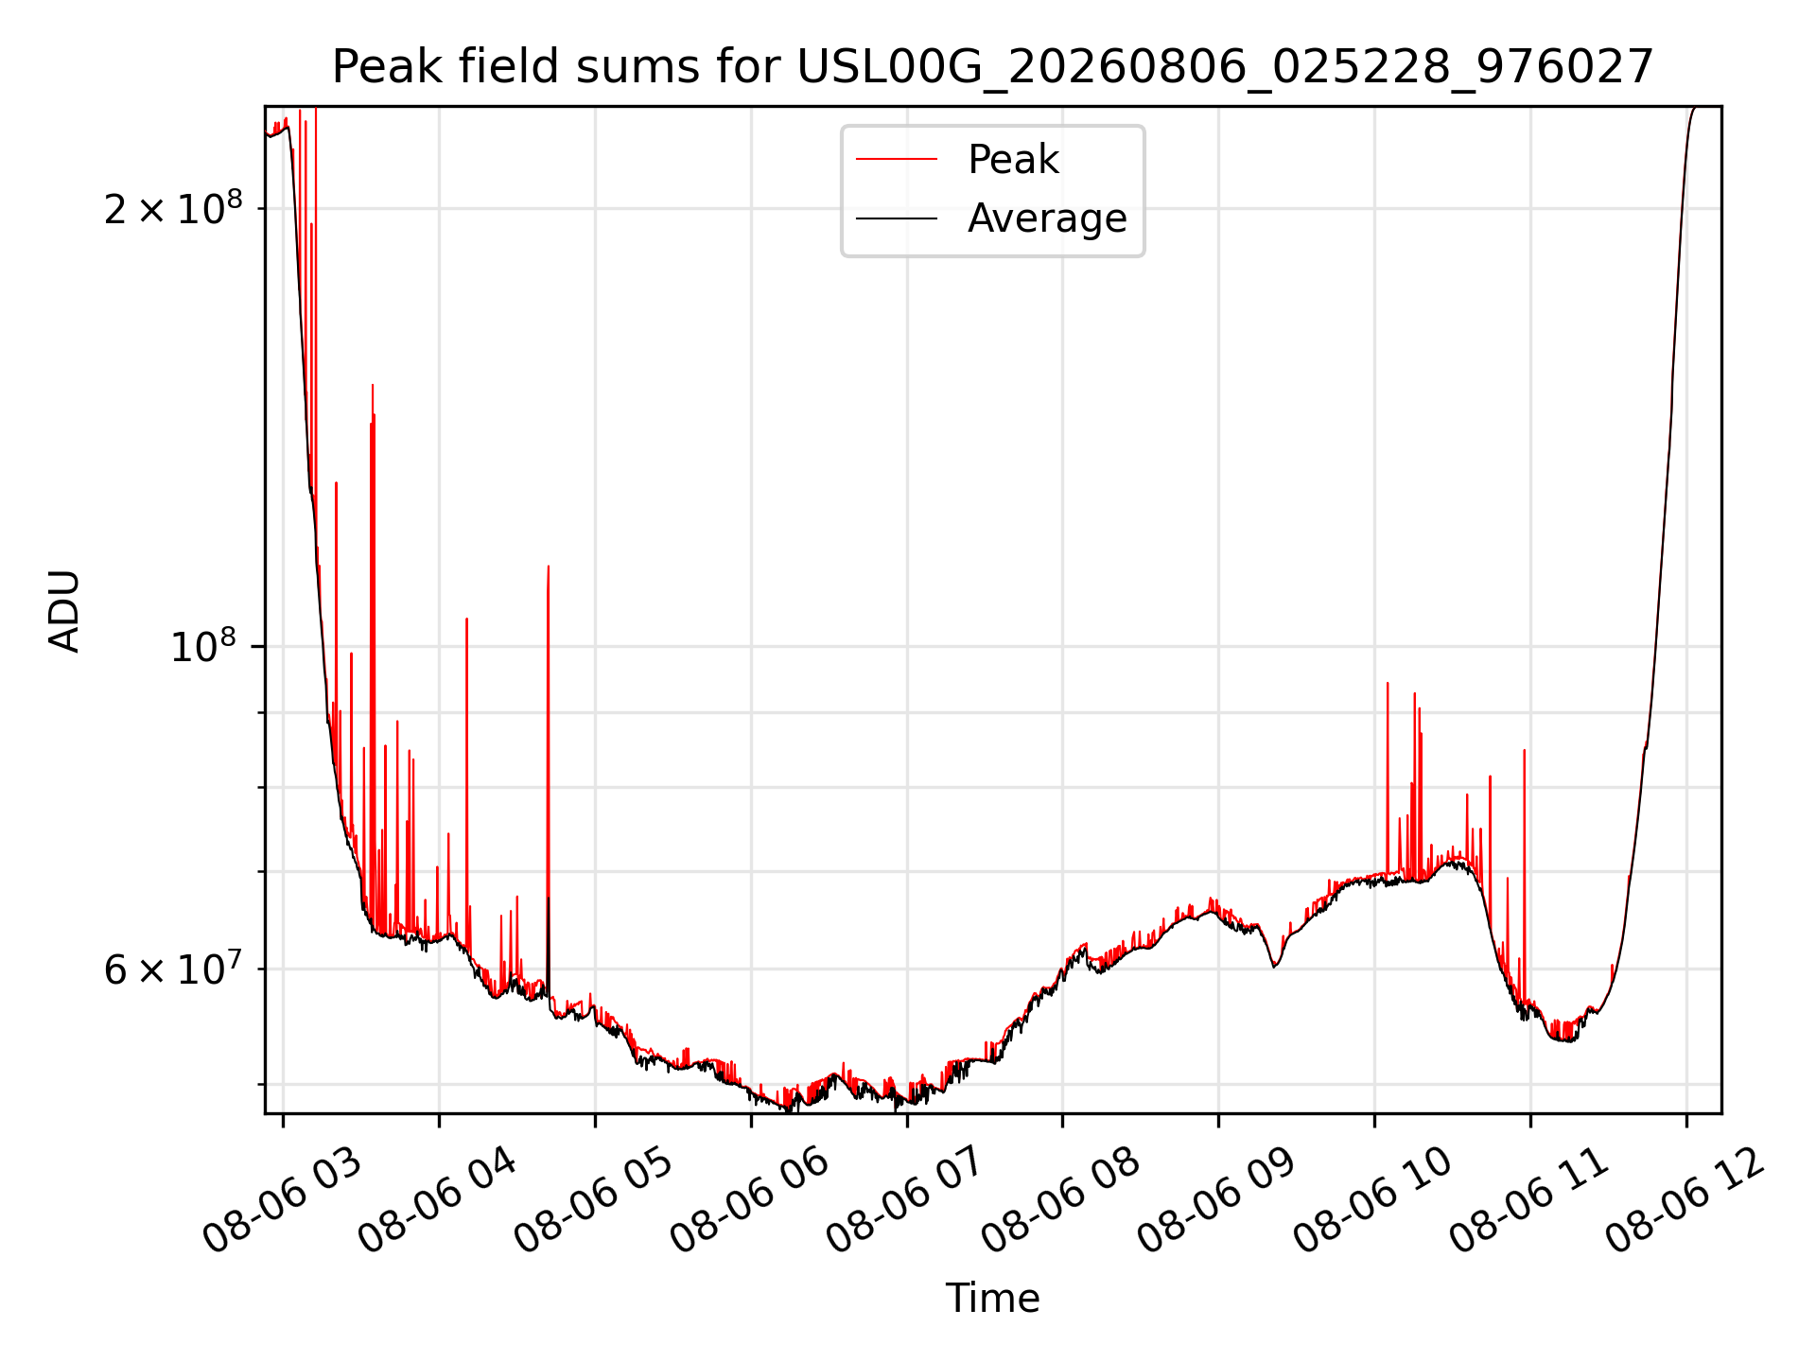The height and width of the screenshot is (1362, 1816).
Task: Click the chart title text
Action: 992,67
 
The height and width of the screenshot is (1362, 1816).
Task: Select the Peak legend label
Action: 1013,160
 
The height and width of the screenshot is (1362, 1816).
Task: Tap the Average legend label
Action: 1047,218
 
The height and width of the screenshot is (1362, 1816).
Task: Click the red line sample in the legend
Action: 897,160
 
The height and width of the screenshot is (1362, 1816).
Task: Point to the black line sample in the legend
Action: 897,218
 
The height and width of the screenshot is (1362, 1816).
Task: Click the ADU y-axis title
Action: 64,610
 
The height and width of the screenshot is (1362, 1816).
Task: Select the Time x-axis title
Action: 992,1299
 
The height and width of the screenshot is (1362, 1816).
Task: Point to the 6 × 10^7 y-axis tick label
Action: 173,968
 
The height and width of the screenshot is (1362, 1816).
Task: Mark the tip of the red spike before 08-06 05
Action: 549,566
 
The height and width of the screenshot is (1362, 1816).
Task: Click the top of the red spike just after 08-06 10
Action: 1388,683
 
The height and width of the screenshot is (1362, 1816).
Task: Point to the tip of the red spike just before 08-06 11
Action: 1525,750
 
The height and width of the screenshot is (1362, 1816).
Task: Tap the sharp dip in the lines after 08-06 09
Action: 1275,966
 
